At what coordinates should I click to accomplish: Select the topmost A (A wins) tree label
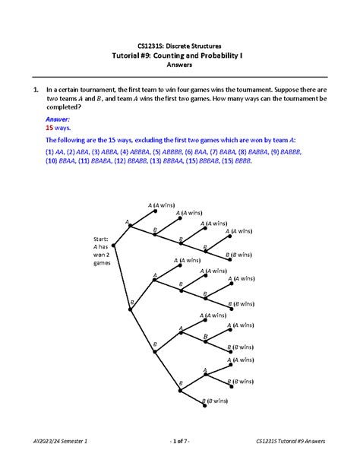(162, 205)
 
